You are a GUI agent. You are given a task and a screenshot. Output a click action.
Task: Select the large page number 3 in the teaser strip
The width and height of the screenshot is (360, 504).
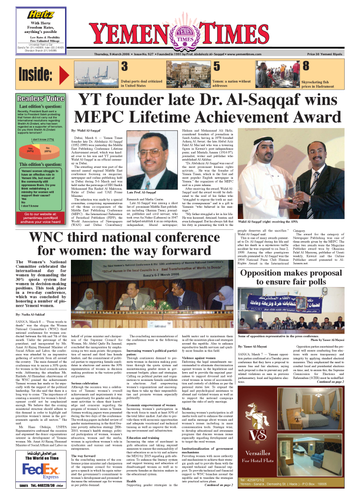pos(125,66)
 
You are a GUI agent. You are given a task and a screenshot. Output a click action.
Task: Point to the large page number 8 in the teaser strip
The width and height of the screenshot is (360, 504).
pos(305,66)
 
